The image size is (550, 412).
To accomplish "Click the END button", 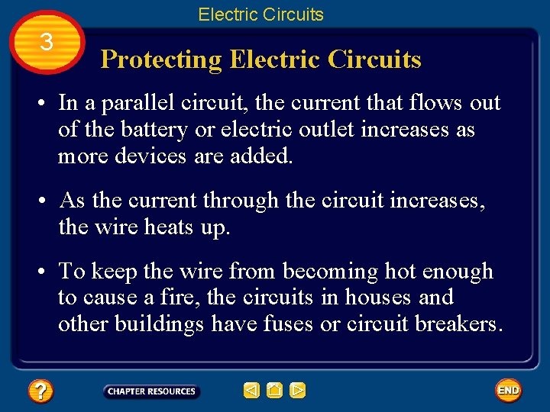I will tap(508, 391).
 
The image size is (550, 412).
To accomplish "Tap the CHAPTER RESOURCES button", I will tap(151, 391).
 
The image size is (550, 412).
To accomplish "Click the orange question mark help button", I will tap(40, 391).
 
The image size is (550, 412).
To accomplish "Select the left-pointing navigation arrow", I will tap(251, 391).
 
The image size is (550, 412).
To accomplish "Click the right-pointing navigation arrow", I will tap(298, 391).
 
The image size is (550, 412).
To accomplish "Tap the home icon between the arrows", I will tap(275, 391).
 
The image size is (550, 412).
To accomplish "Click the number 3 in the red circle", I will tap(47, 42).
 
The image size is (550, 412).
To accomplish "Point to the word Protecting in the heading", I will tap(161, 60).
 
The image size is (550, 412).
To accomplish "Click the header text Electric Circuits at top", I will tap(260, 14).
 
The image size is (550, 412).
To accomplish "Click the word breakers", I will tap(458, 323).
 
